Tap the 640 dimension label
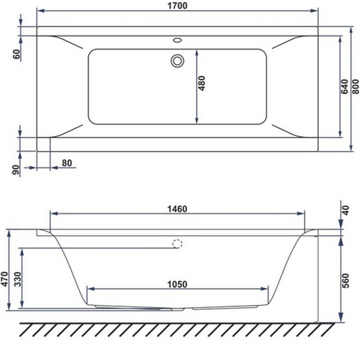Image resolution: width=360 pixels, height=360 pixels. point(345,86)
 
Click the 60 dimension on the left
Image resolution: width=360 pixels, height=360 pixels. point(16,54)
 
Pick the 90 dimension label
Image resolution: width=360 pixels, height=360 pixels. point(16,169)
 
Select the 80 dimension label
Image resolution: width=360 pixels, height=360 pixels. point(67,163)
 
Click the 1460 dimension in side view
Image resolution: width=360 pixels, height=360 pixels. point(177,208)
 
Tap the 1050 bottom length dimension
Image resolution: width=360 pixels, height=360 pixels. point(177,284)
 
